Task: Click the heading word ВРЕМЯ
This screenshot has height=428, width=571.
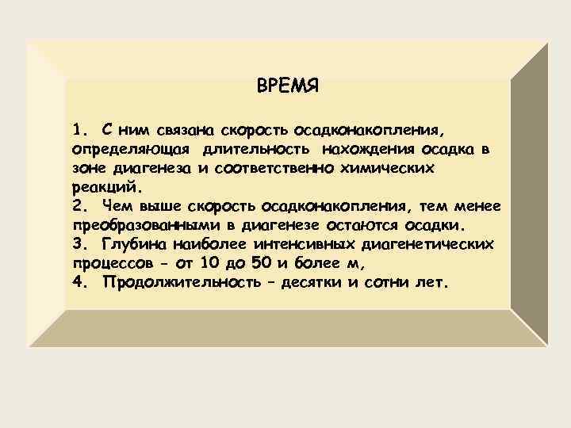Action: (x=288, y=86)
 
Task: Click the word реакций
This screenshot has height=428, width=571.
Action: (x=104, y=189)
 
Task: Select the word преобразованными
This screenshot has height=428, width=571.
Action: (x=136, y=226)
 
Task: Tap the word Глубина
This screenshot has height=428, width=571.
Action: (x=132, y=245)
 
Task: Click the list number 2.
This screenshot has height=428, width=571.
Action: (x=77, y=207)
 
